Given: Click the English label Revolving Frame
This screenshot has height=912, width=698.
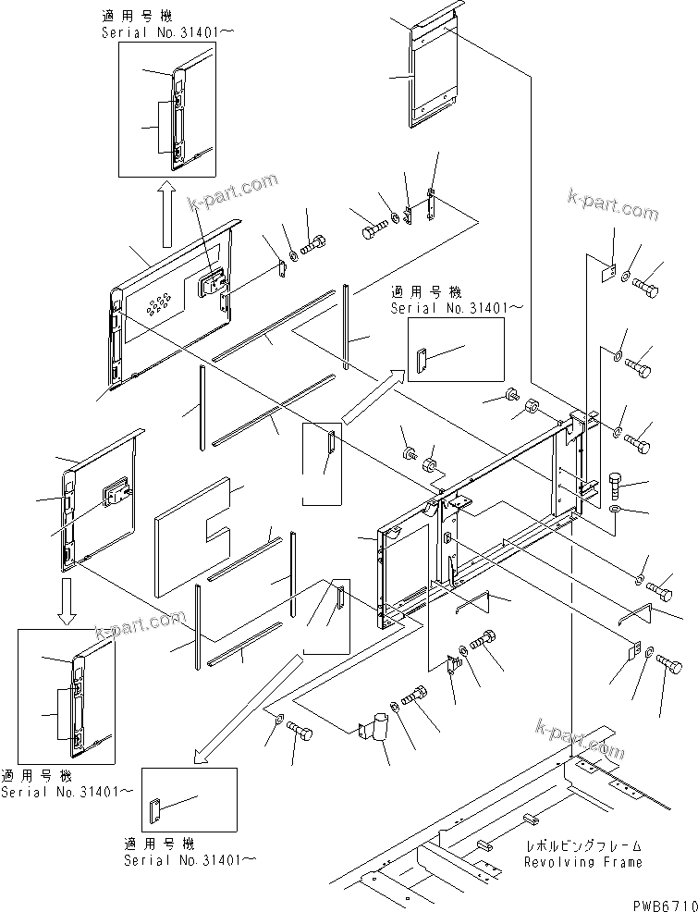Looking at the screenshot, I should [582, 862].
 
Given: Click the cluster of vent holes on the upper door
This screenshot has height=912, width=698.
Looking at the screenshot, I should [160, 301].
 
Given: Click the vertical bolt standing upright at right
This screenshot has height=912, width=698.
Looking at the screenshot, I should [617, 484].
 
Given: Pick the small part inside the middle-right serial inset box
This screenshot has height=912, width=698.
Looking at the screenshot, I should [422, 359].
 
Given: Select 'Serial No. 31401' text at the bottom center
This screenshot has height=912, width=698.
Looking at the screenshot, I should [190, 859].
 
